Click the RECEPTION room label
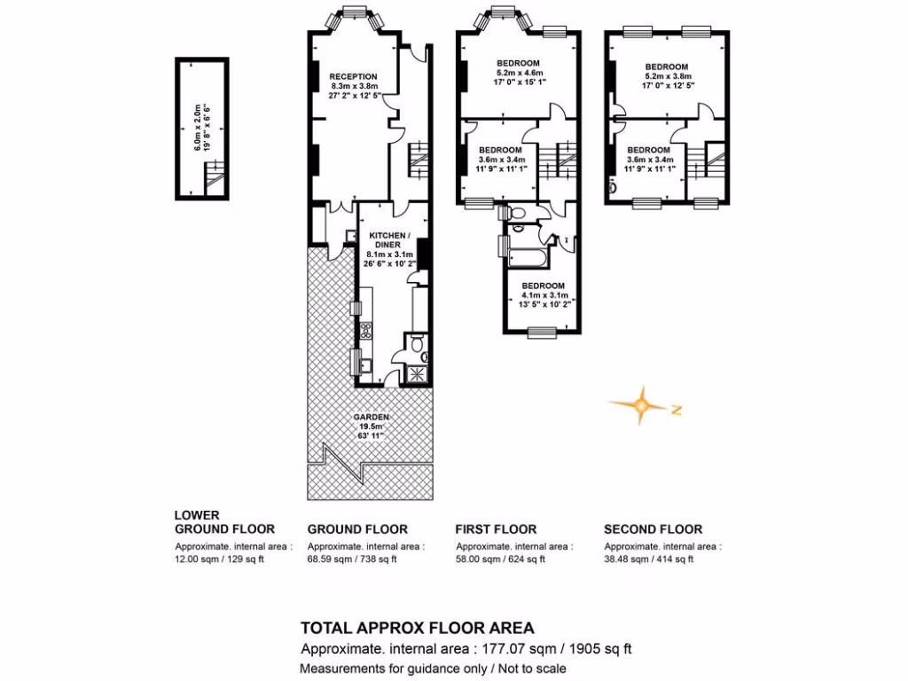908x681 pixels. pos(353,77)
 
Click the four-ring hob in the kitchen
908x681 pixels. pos(364,332)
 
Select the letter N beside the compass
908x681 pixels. pos(676,410)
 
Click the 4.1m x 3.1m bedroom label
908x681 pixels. pos(544,286)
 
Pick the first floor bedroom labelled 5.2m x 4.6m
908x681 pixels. pos(520,63)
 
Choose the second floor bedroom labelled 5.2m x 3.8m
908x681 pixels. pos(667,67)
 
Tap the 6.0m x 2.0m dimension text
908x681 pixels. pos(203,127)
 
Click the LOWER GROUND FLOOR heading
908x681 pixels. pos(224,521)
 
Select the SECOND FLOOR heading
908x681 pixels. pos(653,529)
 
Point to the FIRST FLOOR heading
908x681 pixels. pos(496,529)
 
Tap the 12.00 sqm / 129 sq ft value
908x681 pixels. pos(220,560)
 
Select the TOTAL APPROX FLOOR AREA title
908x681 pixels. pos(418,628)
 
